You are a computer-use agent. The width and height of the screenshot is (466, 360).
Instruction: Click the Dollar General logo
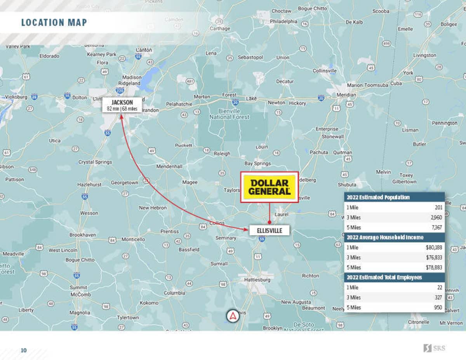coord(270,187)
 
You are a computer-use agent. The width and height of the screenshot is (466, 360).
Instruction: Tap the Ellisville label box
coord(269,231)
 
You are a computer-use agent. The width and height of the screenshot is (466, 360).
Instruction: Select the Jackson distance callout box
coord(122,105)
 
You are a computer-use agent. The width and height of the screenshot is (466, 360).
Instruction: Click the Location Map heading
coord(54,23)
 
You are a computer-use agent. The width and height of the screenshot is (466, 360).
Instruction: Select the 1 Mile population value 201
coord(438,207)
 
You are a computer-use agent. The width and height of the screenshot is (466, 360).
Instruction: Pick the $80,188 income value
coord(434,247)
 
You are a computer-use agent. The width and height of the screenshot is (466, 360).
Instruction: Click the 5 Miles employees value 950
coord(438,308)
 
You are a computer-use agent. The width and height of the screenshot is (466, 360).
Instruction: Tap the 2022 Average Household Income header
coord(385,237)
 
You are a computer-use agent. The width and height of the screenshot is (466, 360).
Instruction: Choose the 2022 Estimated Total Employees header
coord(384,277)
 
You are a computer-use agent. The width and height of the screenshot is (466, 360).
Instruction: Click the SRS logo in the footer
coord(434,348)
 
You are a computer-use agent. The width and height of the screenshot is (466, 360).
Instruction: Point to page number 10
coord(24,350)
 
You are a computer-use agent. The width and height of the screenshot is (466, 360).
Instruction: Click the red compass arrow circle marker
coord(233,317)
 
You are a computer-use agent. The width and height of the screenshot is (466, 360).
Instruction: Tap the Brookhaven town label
coord(83,235)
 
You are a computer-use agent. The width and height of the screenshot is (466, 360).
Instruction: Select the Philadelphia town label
coord(283,21)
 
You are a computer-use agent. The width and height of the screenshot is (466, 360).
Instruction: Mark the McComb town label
coord(81,294)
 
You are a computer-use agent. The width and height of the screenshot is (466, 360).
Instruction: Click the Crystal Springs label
coord(95,162)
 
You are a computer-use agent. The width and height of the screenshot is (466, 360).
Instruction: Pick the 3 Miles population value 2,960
coord(436,217)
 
